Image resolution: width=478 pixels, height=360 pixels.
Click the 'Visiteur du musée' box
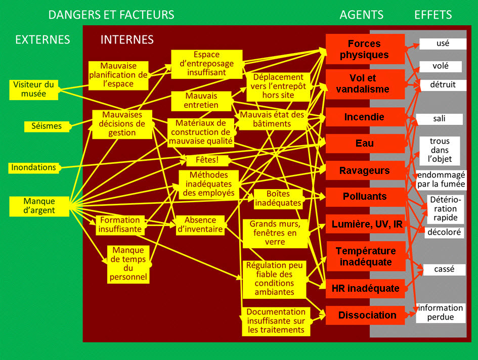[33, 89]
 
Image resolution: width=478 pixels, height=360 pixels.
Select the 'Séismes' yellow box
[44, 126]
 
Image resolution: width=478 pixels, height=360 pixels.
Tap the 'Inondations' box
[33, 167]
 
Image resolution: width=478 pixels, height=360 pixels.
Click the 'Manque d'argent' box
[39, 206]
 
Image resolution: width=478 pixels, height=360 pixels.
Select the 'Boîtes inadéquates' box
[278, 198]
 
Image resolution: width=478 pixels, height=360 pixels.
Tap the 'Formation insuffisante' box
[119, 224]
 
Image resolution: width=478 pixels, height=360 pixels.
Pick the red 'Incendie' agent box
[364, 117]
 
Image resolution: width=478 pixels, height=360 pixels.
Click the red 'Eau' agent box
[364, 144]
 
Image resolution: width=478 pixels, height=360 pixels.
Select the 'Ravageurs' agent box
[364, 170]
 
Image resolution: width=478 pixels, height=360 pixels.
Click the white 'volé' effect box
[440, 66]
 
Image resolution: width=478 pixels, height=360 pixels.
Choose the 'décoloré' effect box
[444, 232]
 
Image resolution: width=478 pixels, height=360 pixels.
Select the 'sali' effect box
[439, 119]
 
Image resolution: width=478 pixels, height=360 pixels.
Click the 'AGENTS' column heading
[361, 15]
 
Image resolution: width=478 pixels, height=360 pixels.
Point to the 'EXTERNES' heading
[42, 39]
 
